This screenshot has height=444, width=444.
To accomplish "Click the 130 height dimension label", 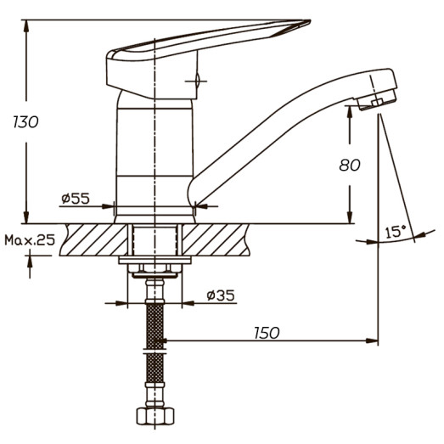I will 26,121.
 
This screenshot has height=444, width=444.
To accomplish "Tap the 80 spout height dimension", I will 350,166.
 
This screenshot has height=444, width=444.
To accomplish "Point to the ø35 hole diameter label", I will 221,295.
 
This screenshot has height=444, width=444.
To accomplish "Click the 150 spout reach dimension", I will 266,333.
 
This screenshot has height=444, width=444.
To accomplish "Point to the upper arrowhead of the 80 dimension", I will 350,112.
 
